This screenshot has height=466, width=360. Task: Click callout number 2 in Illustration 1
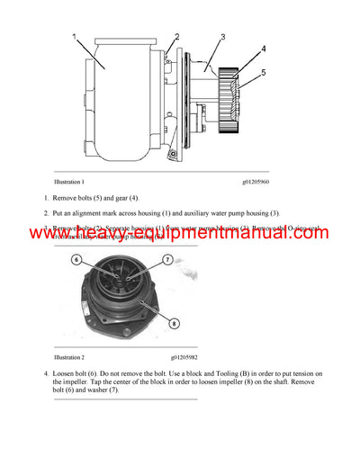pos(177,37)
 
